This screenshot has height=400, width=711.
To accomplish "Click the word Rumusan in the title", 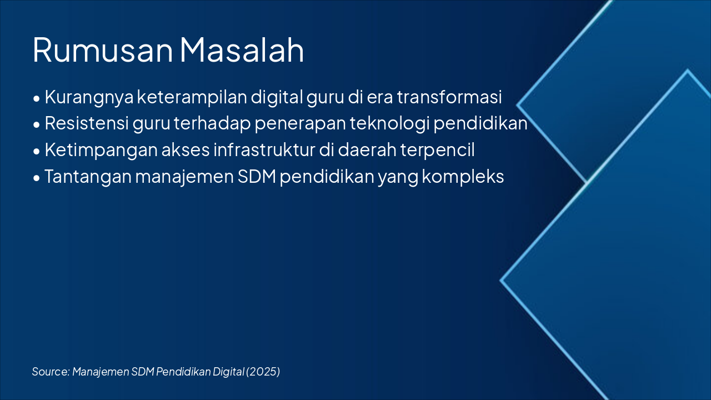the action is pyautogui.click(x=103, y=50).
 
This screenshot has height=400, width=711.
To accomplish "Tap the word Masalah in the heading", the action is pyautogui.click(x=242, y=49).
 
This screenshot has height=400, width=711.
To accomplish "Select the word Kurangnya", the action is pyautogui.click(x=89, y=97).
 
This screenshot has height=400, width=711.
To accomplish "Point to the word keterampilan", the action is pyautogui.click(x=192, y=97).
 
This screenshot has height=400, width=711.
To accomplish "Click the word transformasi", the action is pyautogui.click(x=449, y=97).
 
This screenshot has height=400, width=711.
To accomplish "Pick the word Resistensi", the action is pyautogui.click(x=87, y=123).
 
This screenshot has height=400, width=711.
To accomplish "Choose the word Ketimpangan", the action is pyautogui.click(x=101, y=150).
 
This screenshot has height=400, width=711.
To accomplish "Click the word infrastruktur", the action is pyautogui.click(x=264, y=149).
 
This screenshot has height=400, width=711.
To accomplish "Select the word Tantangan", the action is pyautogui.click(x=88, y=177).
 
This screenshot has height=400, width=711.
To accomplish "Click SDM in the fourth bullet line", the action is pyautogui.click(x=257, y=177).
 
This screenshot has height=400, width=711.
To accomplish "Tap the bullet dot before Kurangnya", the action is pyautogui.click(x=37, y=99).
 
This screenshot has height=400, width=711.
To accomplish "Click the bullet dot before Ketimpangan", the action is pyautogui.click(x=37, y=152).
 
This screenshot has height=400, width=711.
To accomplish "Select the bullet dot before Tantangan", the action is pyautogui.click(x=37, y=178).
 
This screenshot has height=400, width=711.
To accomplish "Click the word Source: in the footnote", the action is pyautogui.click(x=51, y=372).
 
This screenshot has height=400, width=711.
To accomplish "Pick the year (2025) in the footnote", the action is pyautogui.click(x=263, y=372).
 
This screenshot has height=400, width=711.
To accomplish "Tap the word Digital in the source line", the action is pyautogui.click(x=228, y=372).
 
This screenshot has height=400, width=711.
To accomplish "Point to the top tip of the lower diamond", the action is pyautogui.click(x=688, y=69).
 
